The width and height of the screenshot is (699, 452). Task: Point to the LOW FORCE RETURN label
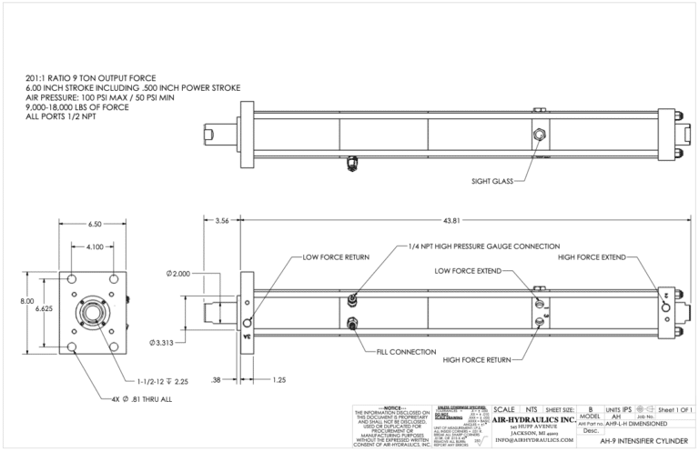336,257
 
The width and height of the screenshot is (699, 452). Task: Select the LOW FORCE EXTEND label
467,270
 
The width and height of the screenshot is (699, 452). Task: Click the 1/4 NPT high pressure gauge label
483,246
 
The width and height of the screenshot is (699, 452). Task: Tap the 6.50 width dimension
94,224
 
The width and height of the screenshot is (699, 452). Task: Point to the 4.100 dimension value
95,246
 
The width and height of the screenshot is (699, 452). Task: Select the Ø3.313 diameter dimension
163,342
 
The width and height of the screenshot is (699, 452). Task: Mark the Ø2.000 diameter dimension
179,273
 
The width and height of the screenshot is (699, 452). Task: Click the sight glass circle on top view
541,135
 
